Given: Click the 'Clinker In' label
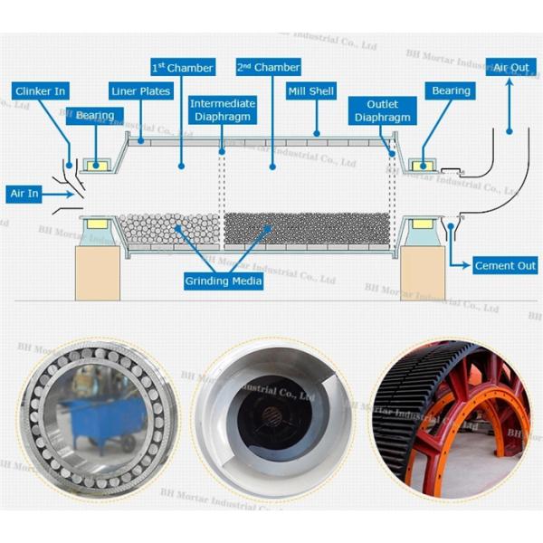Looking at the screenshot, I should [41, 91].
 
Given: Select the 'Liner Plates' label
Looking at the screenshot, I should [140, 91].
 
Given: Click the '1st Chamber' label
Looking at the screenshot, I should [182, 67].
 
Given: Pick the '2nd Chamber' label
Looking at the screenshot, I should [268, 67].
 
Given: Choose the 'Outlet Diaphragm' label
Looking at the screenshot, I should [380, 110].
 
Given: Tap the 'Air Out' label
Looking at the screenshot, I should [511, 67].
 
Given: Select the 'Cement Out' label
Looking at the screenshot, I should [505, 265].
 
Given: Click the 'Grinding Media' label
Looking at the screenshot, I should [224, 281].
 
